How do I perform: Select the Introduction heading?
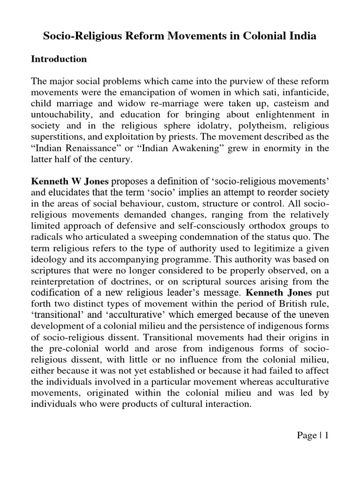(59, 59)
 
